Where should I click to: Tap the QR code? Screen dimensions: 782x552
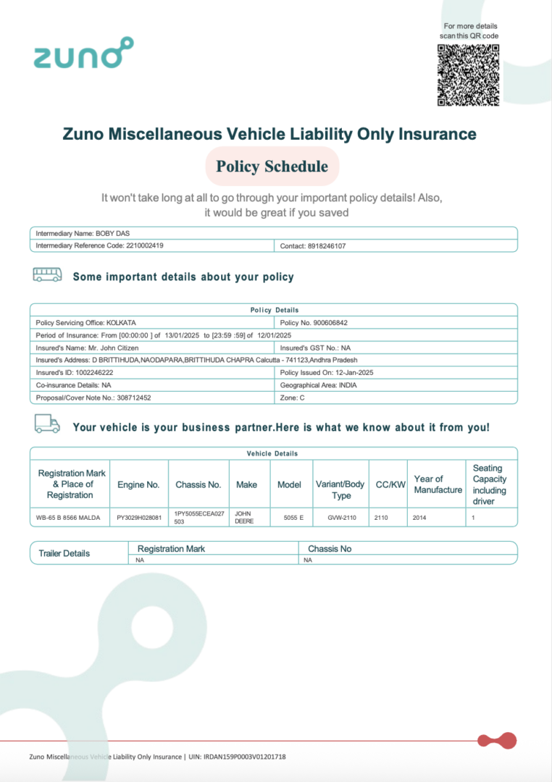468,75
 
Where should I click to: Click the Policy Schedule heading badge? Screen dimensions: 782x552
272,167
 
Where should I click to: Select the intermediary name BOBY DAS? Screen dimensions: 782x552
113,233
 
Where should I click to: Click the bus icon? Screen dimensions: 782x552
47,275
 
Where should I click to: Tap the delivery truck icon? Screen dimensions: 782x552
47,424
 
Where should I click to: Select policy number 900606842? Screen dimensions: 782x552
334,322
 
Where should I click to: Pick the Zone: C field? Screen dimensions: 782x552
293,398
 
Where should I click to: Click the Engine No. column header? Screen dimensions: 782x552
138,484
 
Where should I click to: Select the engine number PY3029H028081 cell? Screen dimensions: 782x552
139,518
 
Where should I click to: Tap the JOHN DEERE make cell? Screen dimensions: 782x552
244,517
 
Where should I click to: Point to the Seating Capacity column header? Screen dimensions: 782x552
490,484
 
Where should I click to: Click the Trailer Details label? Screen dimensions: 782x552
64,553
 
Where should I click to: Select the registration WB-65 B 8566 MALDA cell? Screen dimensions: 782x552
69,518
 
